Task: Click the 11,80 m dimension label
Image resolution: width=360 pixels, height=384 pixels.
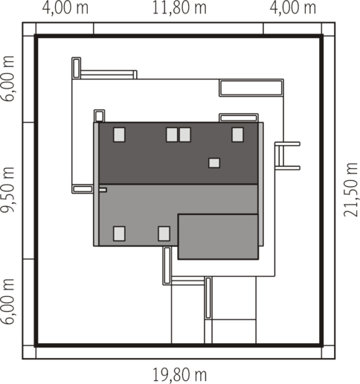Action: click(x=179, y=8)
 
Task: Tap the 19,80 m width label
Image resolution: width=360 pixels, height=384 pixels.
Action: click(x=179, y=375)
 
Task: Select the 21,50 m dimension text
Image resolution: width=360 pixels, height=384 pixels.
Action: click(x=351, y=190)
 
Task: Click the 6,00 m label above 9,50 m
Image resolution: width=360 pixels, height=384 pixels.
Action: click(x=7, y=78)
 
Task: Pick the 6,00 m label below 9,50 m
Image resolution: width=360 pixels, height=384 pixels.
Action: click(x=7, y=301)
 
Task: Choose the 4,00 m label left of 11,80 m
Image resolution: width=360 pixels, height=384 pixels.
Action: click(x=65, y=8)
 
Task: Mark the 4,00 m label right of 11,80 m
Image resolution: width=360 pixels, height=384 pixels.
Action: click(x=293, y=8)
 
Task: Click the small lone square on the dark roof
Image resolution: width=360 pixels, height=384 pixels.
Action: click(x=214, y=163)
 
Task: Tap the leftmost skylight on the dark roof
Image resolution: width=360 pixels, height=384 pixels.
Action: click(x=119, y=135)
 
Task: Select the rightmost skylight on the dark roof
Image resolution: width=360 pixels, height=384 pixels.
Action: click(x=237, y=135)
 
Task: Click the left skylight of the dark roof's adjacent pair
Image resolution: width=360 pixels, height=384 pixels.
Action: click(x=172, y=135)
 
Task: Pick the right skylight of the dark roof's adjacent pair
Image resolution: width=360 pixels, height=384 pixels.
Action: click(x=185, y=135)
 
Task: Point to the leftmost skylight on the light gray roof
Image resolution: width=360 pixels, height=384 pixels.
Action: click(x=119, y=234)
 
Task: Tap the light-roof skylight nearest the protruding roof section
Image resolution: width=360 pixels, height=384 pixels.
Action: click(x=164, y=234)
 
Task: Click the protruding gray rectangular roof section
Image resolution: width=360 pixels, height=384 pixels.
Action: click(x=218, y=237)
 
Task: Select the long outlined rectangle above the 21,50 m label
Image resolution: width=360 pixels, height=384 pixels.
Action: click(x=251, y=88)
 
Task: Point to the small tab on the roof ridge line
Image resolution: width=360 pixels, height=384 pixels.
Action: click(x=103, y=190)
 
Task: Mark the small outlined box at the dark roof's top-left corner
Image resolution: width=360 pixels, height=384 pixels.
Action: click(x=99, y=116)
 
